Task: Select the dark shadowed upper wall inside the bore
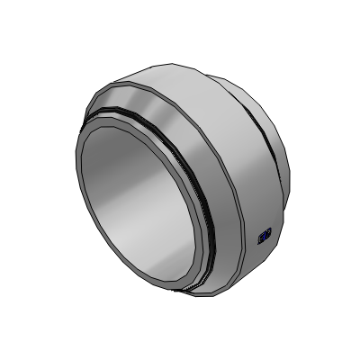click(x=135, y=148)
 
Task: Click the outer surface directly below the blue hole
click(x=261, y=256)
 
